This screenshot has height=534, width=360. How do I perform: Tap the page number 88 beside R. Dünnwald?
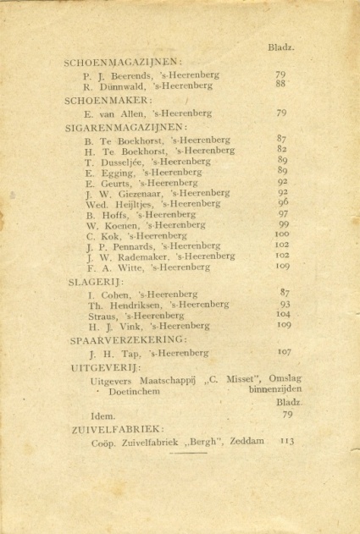[x=280, y=84]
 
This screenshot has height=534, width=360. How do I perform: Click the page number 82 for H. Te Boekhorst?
[x=281, y=149]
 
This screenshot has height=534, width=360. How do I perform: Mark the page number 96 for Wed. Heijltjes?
[x=282, y=202]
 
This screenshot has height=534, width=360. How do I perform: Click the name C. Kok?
[x=100, y=235]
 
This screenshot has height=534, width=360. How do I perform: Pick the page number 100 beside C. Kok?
[x=282, y=234]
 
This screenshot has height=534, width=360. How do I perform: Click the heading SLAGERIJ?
[x=95, y=281]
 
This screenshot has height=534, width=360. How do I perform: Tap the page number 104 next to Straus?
[x=284, y=313]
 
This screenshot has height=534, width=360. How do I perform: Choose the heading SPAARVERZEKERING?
[x=126, y=339]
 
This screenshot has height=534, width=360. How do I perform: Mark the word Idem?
[x=102, y=416]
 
